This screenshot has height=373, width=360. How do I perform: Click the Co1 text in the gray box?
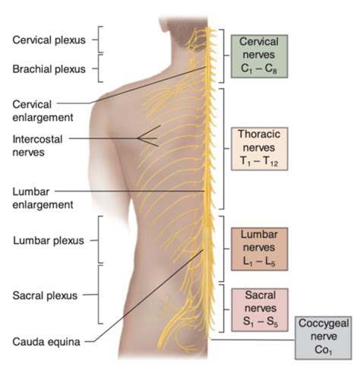point(324,350)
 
